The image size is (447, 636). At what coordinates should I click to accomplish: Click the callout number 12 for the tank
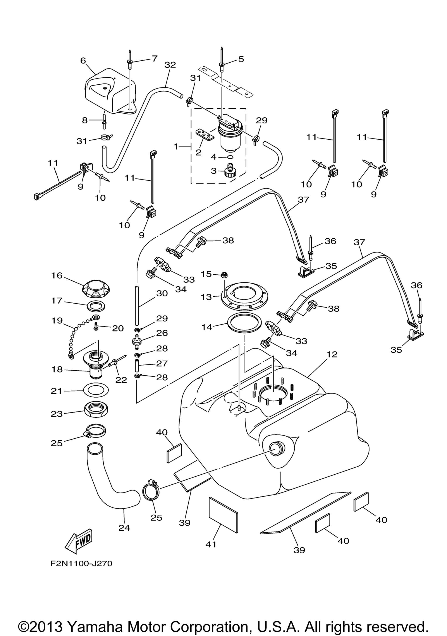pyautogui.click(x=332, y=354)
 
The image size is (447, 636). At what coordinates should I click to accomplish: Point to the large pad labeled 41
pyautogui.click(x=223, y=515)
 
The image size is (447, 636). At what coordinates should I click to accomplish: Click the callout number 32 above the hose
pyautogui.click(x=170, y=65)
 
